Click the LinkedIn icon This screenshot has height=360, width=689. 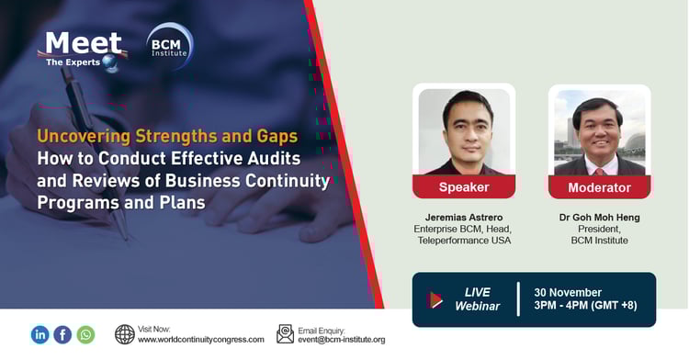point(40,334)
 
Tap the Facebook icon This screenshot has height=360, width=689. point(62,334)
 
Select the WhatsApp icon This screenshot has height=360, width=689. point(85,334)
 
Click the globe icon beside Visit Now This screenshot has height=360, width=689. point(125,334)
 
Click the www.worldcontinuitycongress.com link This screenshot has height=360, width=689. point(201,340)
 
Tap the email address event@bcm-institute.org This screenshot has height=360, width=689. point(342,340)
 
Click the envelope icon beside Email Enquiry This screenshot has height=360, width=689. point(286,334)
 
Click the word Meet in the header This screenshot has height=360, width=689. point(85,42)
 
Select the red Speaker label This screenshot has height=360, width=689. point(463,186)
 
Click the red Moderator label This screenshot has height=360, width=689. point(599,186)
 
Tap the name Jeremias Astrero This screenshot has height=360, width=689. point(462,217)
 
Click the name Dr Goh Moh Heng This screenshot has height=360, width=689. point(600,217)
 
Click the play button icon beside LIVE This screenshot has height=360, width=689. point(435,299)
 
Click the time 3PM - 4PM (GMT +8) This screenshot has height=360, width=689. point(584,306)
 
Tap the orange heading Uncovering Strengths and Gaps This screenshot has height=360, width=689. point(167,137)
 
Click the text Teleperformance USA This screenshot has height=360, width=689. point(462,241)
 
